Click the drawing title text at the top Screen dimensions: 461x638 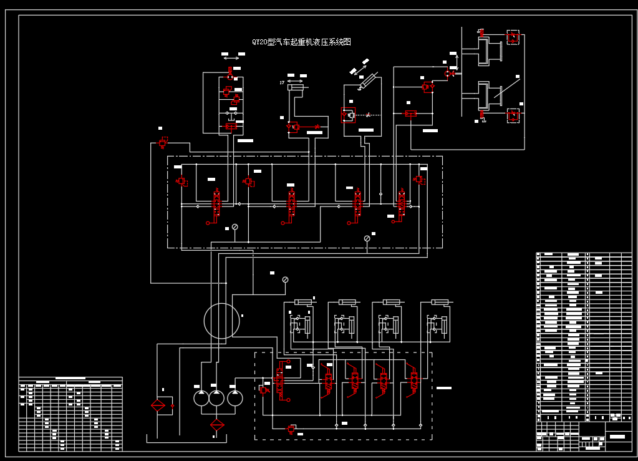click(301, 42)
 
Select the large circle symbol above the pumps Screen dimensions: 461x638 click(221, 321)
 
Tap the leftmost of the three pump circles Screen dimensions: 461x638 click(201, 398)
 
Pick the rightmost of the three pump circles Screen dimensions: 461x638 click(235, 398)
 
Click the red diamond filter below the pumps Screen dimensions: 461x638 click(217, 425)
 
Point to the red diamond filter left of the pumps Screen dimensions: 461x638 click(158, 405)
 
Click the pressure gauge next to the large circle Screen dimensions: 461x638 click(285, 279)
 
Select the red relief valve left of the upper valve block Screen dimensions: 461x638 click(163, 143)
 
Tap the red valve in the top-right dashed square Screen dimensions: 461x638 click(513, 37)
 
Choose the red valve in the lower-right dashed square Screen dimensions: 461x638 click(513, 115)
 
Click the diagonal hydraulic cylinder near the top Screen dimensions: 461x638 click(368, 81)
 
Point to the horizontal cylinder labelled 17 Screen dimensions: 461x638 click(296, 87)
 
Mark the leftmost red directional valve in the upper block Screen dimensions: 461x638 click(216, 202)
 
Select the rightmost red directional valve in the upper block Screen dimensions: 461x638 click(401, 202)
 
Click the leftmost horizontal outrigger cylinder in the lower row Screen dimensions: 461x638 click(304, 303)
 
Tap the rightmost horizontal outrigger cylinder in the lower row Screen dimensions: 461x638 click(440, 303)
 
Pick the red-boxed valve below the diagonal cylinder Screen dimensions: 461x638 click(348, 115)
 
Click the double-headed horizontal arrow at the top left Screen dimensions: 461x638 click(231, 59)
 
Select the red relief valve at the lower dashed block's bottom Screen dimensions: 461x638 click(291, 429)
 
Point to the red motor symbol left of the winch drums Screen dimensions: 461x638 click(427, 87)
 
